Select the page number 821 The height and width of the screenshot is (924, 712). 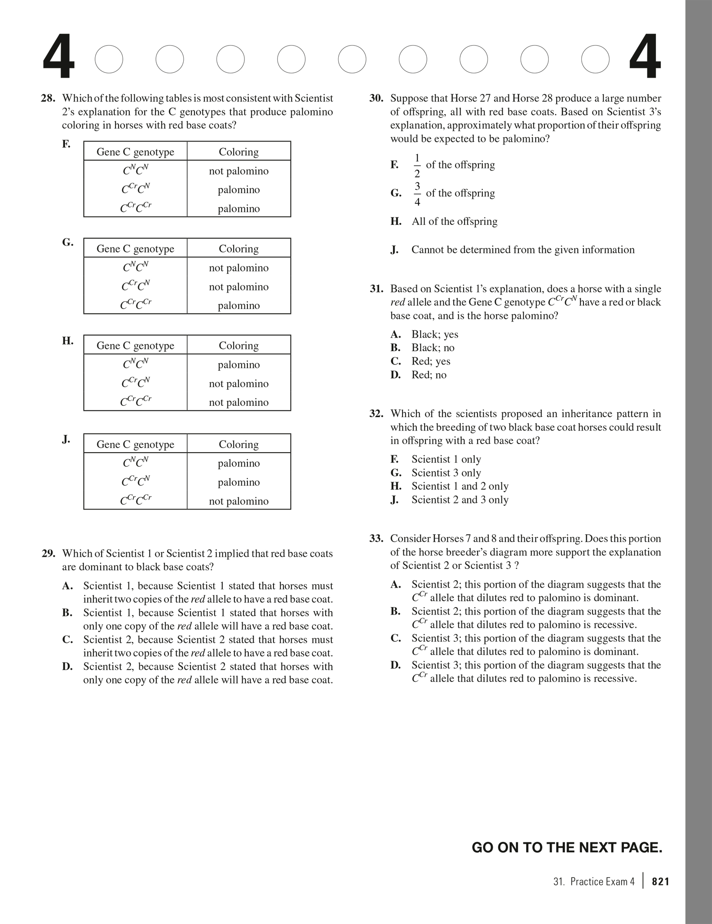pos(660,881)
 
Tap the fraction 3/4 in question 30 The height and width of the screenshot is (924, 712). pos(417,194)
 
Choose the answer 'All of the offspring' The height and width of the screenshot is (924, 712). pos(454,221)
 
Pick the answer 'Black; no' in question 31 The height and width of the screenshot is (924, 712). pos(433,348)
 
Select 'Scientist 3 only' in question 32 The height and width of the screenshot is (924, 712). pos(446,473)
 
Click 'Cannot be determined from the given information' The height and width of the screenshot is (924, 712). pos(523,250)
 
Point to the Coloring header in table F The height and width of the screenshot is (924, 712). pos(238,151)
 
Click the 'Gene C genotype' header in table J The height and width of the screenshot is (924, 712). pos(135,444)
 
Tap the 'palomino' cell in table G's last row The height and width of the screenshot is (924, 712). pos(238,306)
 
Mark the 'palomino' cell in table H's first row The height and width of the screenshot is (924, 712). pos(238,365)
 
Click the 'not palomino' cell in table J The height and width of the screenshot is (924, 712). pos(238,501)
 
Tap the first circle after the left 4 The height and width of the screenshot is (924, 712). pos(109,59)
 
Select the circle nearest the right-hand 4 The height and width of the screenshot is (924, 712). pos(595,59)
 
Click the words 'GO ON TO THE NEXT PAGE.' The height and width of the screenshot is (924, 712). pos(567,847)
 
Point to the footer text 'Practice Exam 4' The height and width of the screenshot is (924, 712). pos(602,881)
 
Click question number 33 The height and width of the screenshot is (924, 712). pos(376,539)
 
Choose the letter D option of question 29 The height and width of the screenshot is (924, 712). pos(67,666)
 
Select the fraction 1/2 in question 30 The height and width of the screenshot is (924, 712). pos(417,165)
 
